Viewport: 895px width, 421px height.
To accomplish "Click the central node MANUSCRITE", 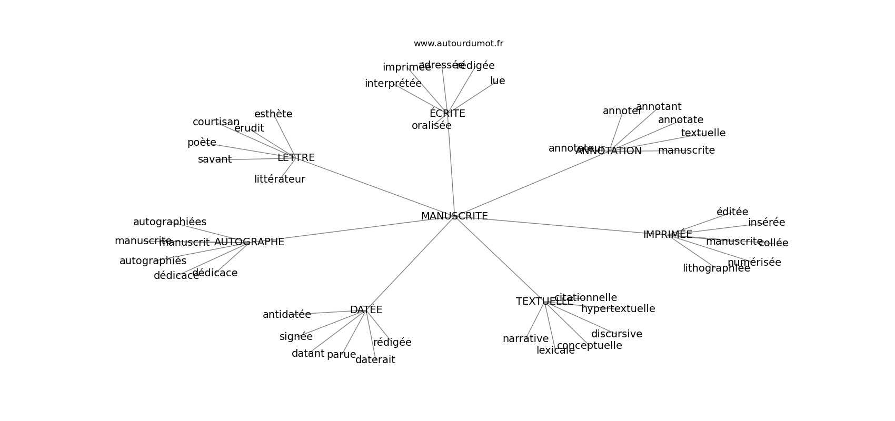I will [x=454, y=216].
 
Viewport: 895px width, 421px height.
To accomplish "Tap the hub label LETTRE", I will [x=296, y=158].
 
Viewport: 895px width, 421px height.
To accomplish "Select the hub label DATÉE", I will [x=366, y=310].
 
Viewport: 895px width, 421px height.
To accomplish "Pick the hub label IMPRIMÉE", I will [x=668, y=235].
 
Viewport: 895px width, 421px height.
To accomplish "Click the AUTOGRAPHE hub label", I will [x=249, y=242].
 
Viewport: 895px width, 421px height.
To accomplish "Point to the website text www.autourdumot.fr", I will [x=458, y=44].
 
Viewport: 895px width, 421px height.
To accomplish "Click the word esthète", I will [x=273, y=114].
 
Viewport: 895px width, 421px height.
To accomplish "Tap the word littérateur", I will [x=280, y=179].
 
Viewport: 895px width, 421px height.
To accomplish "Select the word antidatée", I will [x=287, y=315].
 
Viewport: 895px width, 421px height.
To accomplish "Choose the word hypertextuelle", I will [x=618, y=309].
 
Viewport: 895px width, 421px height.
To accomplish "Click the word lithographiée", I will [x=716, y=268].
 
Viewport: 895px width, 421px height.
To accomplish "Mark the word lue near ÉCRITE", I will [x=498, y=81].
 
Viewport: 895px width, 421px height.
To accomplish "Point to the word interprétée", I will [x=393, y=84].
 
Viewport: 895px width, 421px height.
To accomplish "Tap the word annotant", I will [x=659, y=107].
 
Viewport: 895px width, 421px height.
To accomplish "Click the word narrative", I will [x=525, y=339].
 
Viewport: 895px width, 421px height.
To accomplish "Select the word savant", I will [x=215, y=159].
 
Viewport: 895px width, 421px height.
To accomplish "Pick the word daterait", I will [x=375, y=360].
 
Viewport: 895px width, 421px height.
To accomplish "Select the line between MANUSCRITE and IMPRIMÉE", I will [x=553, y=225].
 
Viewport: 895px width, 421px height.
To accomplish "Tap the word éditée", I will [x=732, y=212].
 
